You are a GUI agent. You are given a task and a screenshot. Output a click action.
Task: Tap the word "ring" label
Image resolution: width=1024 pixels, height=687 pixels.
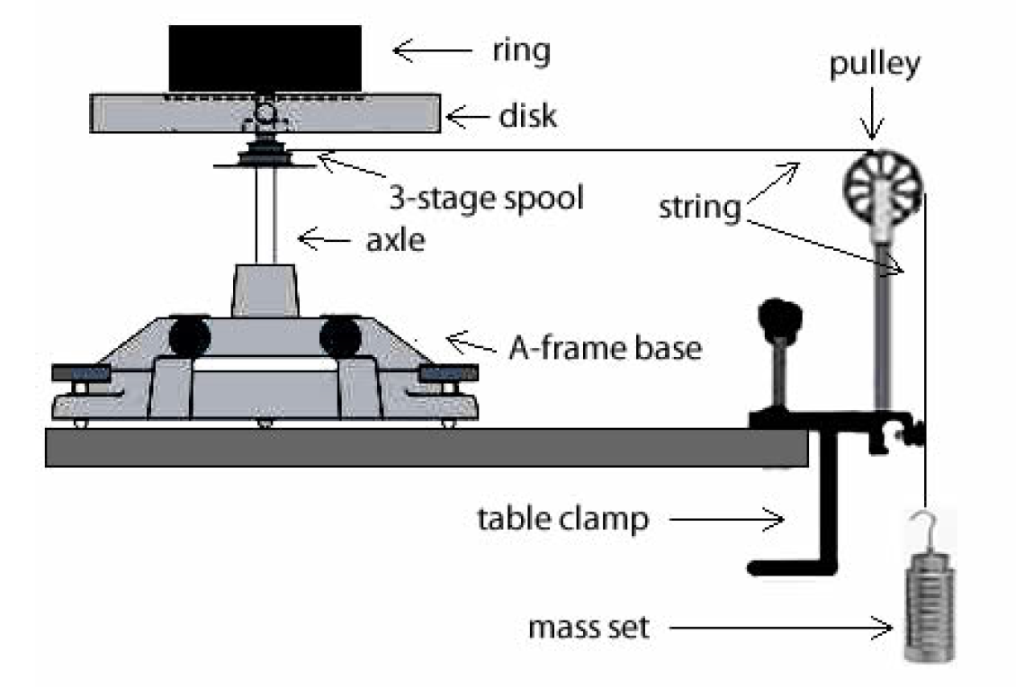coord(517,51)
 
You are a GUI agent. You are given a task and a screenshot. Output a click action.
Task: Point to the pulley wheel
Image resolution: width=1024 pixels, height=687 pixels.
coord(883,186)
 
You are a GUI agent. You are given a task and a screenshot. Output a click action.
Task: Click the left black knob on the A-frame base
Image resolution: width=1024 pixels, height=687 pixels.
coord(190,337)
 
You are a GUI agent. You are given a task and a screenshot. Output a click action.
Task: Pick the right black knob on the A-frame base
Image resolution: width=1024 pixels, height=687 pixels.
coord(339,337)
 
